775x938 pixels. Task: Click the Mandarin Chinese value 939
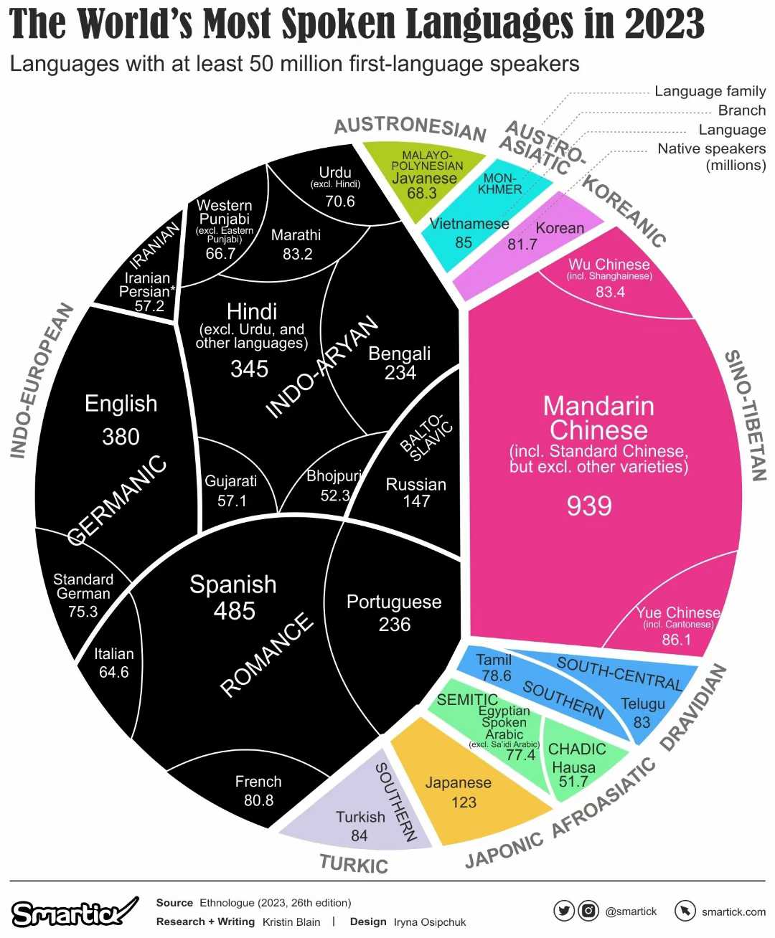(x=589, y=506)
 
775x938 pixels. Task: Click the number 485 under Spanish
(x=234, y=611)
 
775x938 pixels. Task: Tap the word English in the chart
(x=121, y=404)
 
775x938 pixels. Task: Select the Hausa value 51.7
(x=573, y=782)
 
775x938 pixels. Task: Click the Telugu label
(x=642, y=703)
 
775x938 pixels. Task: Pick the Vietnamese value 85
(x=464, y=242)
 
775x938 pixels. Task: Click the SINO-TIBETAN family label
(x=746, y=416)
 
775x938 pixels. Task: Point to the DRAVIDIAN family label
(x=693, y=707)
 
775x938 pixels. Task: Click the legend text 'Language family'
(x=710, y=91)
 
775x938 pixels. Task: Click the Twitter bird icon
(x=564, y=911)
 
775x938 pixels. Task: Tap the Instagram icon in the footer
(x=588, y=911)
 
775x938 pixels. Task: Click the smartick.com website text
(x=733, y=911)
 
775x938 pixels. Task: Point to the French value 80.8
(x=258, y=800)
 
